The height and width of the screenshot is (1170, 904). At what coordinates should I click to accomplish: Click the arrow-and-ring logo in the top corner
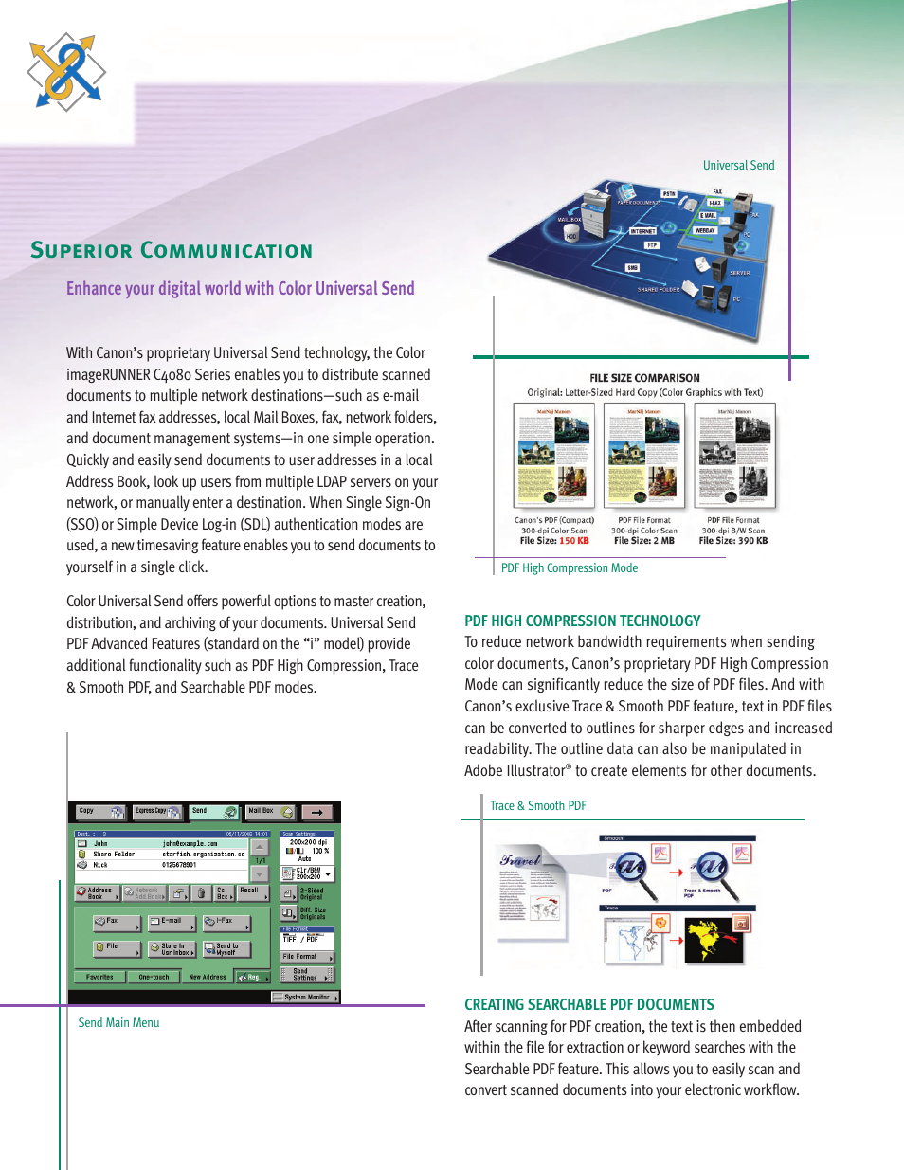point(65,72)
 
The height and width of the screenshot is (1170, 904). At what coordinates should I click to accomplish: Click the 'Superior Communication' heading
point(172,250)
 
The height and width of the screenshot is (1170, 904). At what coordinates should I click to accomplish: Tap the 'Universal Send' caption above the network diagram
point(738,165)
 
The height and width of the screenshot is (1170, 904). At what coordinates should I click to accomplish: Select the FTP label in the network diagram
point(652,245)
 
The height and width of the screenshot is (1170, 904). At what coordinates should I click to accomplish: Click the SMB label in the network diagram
point(632,268)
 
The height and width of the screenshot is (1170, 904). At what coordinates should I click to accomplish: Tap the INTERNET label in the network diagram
point(642,231)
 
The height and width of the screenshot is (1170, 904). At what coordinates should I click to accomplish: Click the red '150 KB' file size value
point(573,541)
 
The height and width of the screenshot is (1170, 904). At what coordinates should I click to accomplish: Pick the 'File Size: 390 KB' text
point(733,541)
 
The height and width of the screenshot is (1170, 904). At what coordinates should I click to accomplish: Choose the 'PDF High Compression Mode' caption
point(569,568)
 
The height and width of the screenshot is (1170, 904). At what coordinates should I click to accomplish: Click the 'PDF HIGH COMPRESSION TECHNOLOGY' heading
point(582,621)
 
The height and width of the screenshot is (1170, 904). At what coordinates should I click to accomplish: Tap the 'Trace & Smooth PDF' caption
point(537,806)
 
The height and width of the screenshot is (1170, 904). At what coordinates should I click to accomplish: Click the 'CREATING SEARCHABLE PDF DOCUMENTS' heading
point(588,1004)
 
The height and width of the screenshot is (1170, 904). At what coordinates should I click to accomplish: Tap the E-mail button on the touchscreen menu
point(172,922)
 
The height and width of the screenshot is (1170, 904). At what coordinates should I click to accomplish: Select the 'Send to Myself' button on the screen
point(226,948)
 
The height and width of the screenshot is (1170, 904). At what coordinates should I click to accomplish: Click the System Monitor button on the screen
point(305,997)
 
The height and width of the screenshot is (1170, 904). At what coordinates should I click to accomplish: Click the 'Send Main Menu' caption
point(118,1023)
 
